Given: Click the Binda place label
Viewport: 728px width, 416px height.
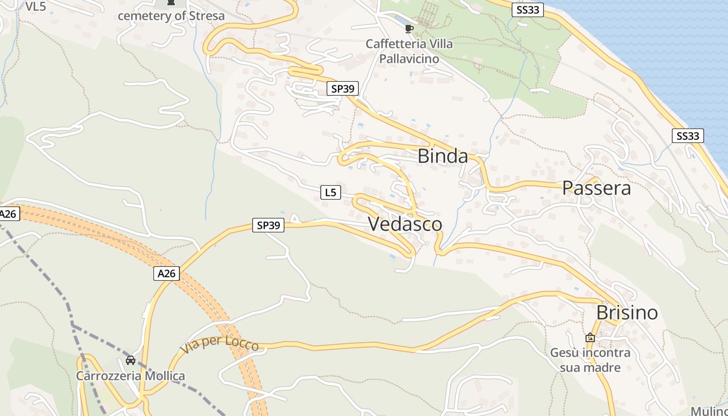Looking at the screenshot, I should [443, 156].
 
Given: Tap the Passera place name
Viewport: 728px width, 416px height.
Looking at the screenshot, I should [596, 188].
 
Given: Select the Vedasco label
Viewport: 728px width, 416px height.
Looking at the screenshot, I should [405, 224].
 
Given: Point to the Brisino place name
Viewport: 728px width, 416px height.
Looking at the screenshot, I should [627, 313].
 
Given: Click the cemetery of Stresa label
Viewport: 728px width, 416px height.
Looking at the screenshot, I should [171, 16].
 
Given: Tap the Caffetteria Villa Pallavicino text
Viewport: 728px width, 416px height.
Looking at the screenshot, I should [409, 51].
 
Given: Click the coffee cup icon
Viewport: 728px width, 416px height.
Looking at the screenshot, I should [409, 29].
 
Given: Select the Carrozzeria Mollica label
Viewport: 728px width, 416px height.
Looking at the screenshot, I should [131, 375].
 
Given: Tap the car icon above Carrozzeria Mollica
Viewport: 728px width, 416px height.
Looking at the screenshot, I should [131, 360].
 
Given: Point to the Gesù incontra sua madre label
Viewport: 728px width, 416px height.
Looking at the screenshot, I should [590, 360].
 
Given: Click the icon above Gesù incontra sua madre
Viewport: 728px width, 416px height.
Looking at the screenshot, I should [590, 337].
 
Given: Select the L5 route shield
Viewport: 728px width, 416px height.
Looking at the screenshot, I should [330, 193].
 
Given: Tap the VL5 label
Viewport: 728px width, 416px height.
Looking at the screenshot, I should [35, 7].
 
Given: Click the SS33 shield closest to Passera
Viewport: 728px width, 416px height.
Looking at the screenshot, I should [687, 136].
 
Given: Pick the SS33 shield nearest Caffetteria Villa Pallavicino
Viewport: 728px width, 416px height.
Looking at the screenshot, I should [527, 10].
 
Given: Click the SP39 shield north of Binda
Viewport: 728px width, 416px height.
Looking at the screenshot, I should [343, 89].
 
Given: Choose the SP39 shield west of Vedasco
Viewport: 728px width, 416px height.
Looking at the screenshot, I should [268, 225].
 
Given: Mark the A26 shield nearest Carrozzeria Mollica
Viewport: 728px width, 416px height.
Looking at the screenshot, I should [166, 274].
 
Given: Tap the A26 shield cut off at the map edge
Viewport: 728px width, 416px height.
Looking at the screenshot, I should [9, 214].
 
